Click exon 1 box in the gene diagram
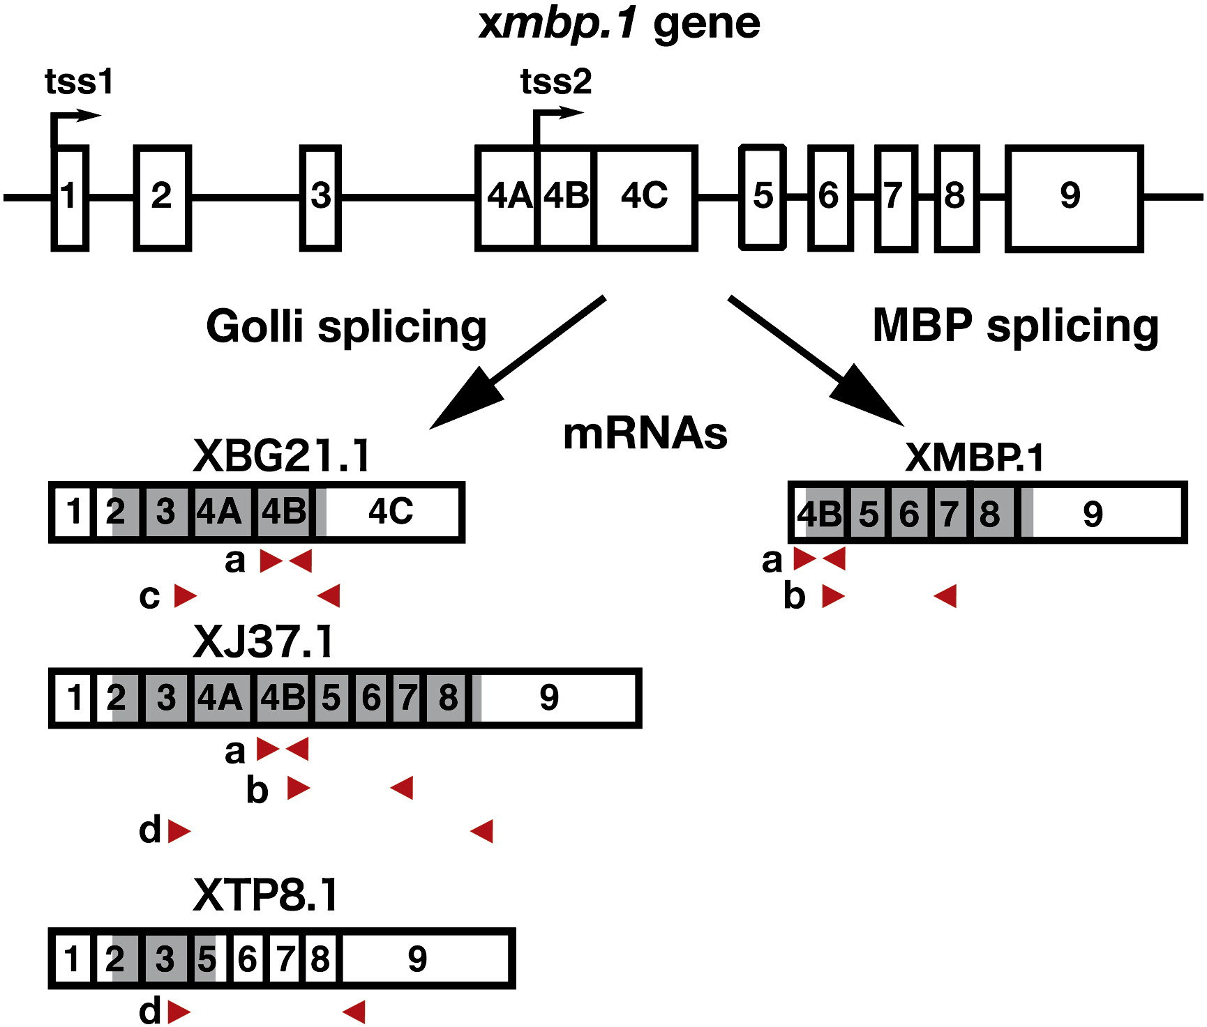(70, 197)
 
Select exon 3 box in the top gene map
(320, 197)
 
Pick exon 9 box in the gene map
(1073, 198)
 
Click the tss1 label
(79, 82)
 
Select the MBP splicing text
(1015, 326)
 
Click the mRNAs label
(645, 434)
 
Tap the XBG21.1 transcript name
(282, 457)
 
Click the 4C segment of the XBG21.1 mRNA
(391, 512)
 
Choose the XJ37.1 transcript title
(264, 641)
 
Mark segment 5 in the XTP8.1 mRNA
(205, 959)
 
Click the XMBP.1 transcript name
(974, 458)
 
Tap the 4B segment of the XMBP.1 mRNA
(820, 515)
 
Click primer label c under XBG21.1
(149, 597)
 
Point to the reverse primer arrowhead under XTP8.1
(354, 1012)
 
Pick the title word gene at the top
(706, 24)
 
